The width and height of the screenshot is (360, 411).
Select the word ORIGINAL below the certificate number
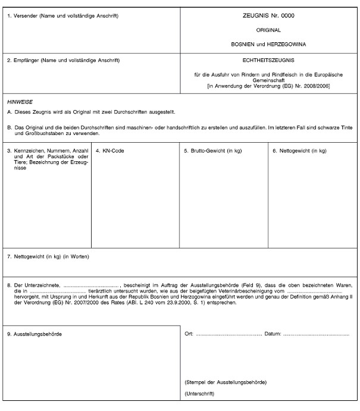270,30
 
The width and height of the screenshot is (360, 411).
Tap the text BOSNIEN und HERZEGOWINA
270,45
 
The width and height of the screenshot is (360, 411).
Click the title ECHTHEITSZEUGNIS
270,61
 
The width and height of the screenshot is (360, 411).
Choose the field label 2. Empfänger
64,61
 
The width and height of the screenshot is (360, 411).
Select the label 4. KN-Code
110,151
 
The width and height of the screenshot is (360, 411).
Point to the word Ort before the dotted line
189,334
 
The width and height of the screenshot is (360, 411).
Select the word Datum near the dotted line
273,334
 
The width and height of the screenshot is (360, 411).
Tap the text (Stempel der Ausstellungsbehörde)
226,381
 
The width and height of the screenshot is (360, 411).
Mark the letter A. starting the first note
10,112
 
